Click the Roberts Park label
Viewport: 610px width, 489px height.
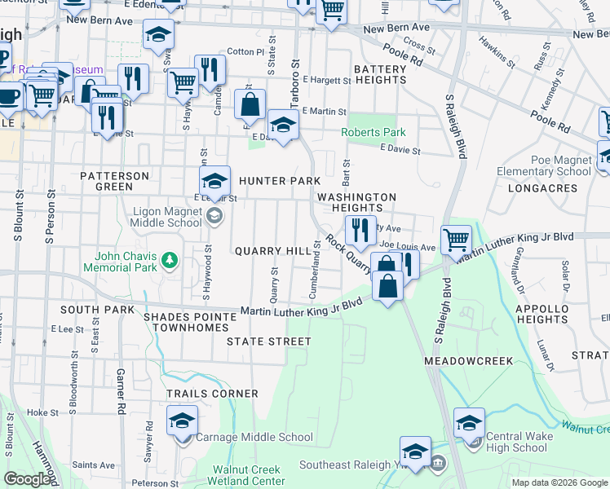point(373,133)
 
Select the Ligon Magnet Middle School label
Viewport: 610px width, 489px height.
point(166,217)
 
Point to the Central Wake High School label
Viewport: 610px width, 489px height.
point(518,442)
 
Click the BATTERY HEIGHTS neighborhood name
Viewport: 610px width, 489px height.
point(379,75)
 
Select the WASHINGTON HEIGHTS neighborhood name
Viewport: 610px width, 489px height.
point(356,203)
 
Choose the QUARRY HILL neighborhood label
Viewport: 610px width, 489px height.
point(268,251)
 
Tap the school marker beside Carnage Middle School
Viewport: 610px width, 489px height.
point(183,421)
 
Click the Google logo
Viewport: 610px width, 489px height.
point(27,479)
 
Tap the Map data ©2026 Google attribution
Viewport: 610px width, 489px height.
point(559,482)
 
